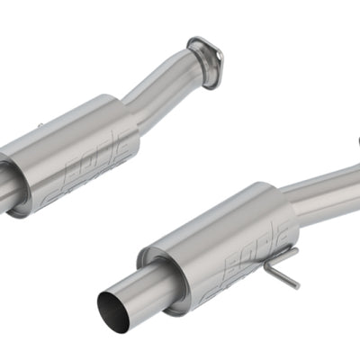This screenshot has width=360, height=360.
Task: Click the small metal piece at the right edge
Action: (x=355, y=140)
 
